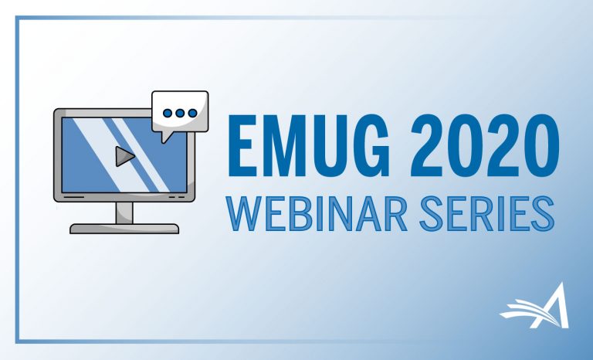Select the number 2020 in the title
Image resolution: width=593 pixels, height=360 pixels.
click(484, 146)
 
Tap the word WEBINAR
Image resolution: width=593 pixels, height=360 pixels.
click(317, 213)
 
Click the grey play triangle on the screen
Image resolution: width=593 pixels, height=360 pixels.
click(124, 156)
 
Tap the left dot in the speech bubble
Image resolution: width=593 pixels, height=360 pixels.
click(167, 113)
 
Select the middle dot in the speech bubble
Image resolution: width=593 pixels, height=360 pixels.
click(180, 113)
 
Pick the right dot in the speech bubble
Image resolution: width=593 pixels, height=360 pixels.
click(192, 113)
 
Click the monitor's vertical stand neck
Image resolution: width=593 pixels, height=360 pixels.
click(124, 212)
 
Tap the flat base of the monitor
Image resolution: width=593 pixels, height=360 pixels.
click(124, 229)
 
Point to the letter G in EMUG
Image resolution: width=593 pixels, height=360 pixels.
click(369, 146)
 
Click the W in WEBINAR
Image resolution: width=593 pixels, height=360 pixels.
click(244, 213)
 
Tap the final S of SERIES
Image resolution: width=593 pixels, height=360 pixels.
click(543, 213)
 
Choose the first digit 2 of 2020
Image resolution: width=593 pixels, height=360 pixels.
click(427, 146)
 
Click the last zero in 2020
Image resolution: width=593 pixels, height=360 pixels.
click(542, 146)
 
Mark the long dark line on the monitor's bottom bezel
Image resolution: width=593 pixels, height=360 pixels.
click(74, 197)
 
